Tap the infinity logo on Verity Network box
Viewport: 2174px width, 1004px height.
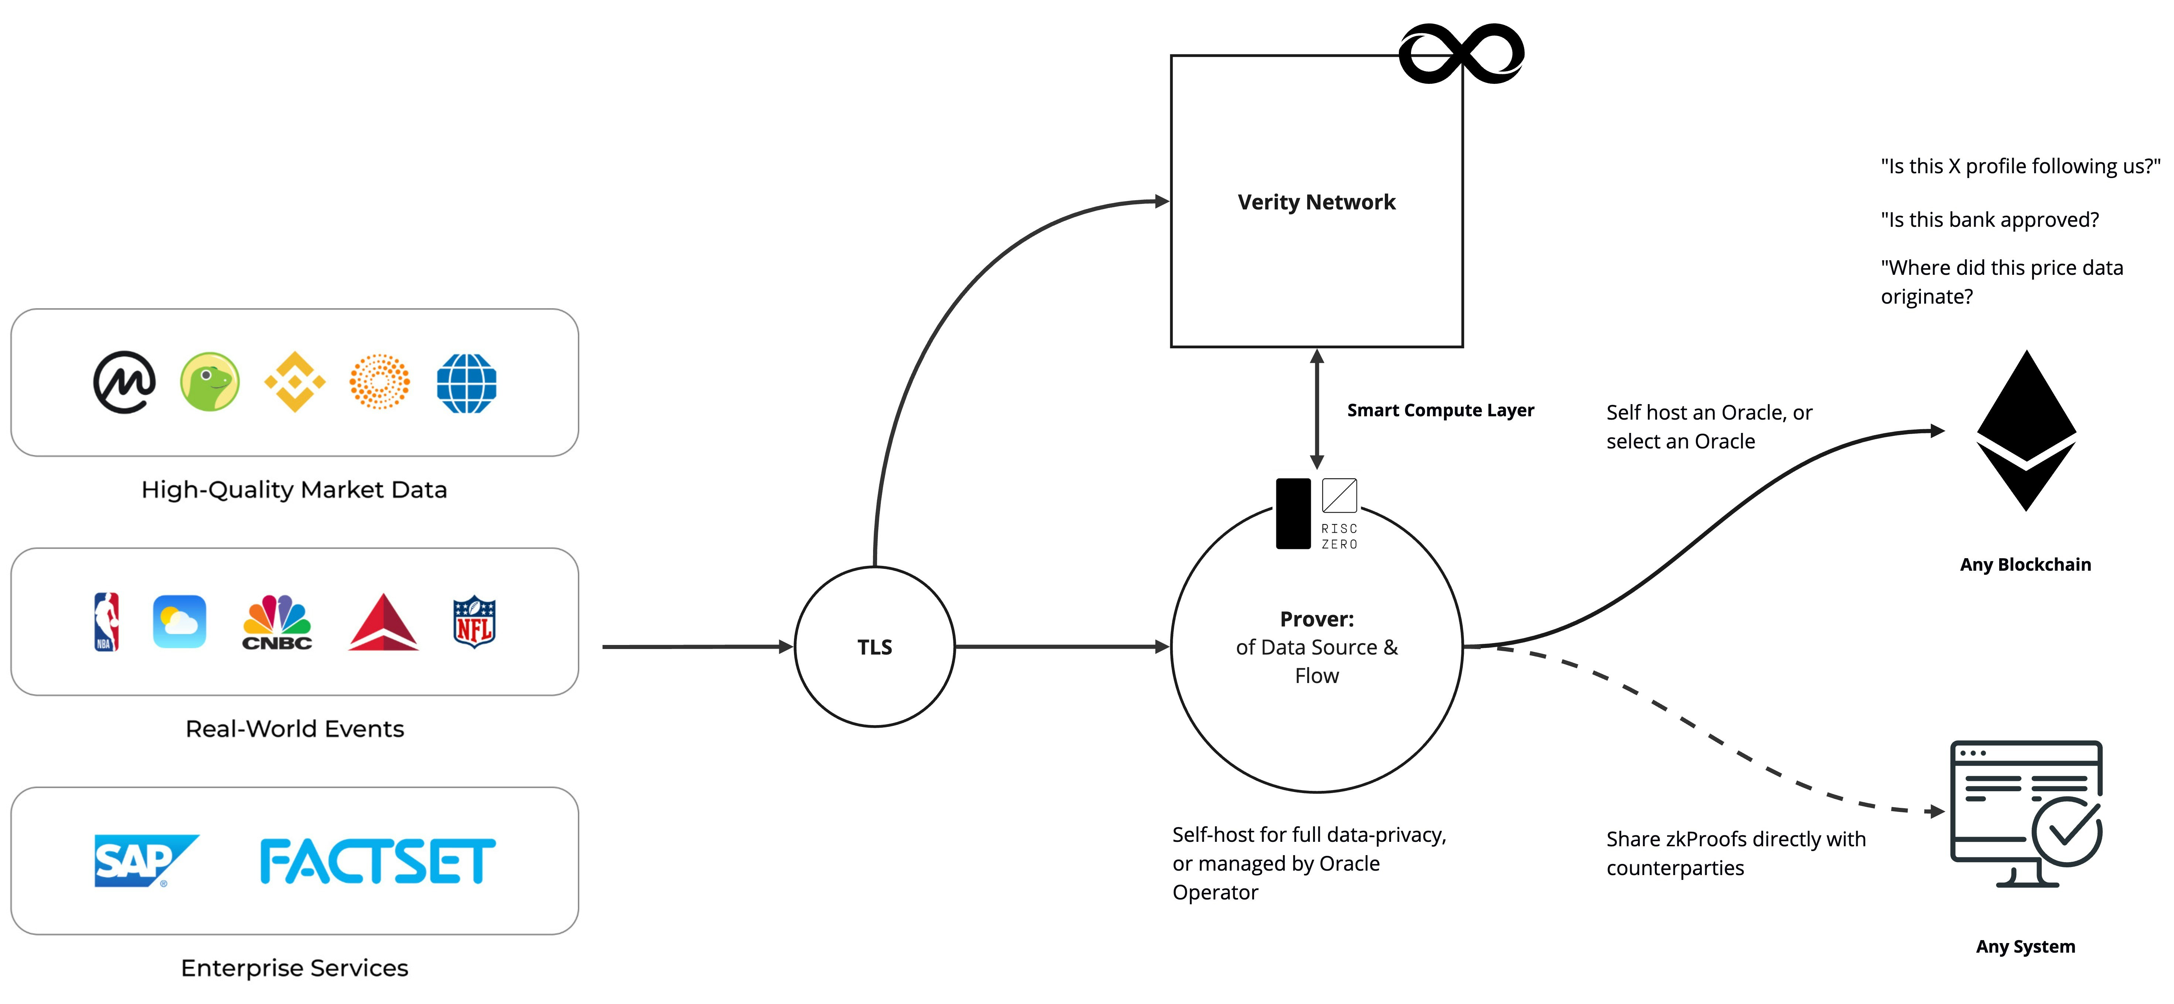[x=1461, y=54]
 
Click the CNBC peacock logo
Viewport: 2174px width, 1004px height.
[x=277, y=622]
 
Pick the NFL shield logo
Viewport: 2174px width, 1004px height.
[x=474, y=622]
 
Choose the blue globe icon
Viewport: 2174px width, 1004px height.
[x=467, y=383]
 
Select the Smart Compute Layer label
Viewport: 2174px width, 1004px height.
[x=1440, y=411]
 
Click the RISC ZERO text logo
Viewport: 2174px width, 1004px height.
[x=1339, y=536]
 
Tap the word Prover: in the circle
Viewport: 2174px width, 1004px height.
[x=1316, y=619]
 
